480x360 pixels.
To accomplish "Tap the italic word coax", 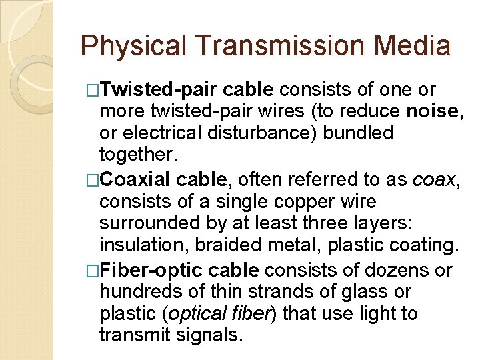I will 434,179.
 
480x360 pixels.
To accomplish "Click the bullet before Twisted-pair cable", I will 93,89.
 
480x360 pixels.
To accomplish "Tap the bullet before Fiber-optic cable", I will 93,269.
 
